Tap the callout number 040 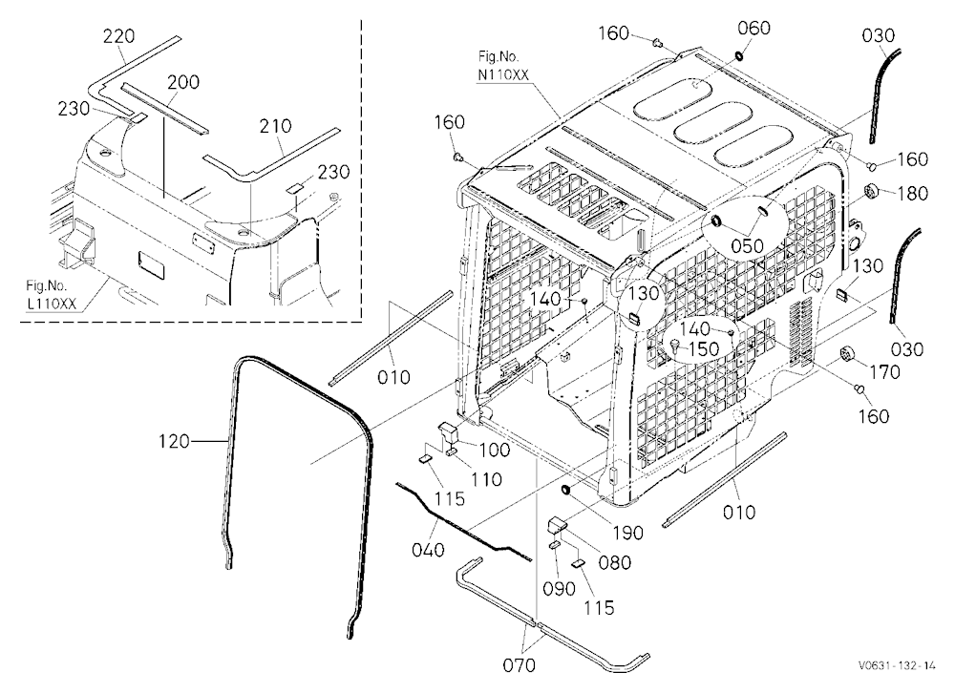[428, 550]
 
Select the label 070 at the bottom [520, 665]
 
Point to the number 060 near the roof [754, 28]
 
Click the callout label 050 [747, 246]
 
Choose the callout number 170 [884, 371]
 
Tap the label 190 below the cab [627, 533]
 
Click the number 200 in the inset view [183, 81]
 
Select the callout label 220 [118, 36]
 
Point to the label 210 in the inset [275, 126]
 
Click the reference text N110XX [503, 74]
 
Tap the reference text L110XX [51, 304]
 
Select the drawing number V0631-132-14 [897, 665]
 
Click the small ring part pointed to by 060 [739, 56]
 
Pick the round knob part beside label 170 [845, 354]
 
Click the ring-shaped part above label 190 [567, 489]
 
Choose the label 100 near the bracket [495, 450]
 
